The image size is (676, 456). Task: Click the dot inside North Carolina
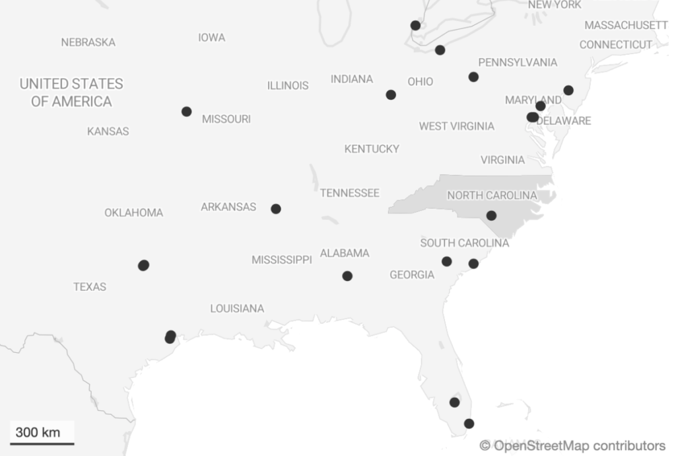[491, 215]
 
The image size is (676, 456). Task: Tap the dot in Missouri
[187, 112]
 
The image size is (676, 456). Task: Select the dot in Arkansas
[276, 209]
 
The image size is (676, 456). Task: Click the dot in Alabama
[347, 276]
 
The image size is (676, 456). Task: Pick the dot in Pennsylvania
[473, 77]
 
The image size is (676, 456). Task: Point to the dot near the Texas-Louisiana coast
[170, 337]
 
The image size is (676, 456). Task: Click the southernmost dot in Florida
[469, 424]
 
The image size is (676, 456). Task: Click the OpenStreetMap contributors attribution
[572, 445]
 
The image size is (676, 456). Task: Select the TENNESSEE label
[350, 193]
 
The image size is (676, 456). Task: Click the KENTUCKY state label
[372, 149]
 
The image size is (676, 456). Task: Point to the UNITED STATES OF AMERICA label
[71, 93]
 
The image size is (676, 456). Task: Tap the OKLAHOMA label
[133, 213]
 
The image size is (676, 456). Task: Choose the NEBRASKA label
[88, 42]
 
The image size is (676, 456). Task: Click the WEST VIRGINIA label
[456, 126]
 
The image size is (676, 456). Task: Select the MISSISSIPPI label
[281, 260]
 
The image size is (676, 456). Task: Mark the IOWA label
[211, 38]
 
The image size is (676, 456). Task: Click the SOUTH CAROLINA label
[464, 243]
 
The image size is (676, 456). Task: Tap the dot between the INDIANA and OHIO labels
[391, 95]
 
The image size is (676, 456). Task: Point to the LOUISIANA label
[237, 309]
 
